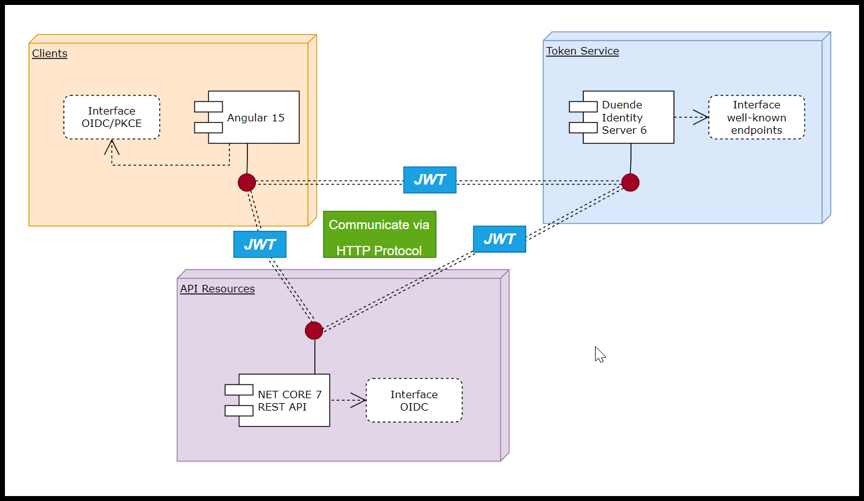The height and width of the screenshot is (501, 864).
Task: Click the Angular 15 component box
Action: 253,118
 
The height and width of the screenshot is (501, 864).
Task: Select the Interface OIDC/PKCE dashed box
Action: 112,117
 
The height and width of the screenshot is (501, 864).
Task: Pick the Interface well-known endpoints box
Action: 756,118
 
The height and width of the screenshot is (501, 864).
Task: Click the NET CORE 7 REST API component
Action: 284,401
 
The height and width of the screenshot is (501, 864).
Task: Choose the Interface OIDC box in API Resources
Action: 414,401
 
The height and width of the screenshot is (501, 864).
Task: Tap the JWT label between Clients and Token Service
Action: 430,180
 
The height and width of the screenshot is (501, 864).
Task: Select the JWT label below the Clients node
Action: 259,244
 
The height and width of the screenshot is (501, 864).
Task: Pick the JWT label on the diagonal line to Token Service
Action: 499,239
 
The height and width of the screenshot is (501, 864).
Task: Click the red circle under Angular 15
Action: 247,182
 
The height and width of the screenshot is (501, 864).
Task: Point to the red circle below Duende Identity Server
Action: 630,183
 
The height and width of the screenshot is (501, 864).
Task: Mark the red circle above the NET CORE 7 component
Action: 314,331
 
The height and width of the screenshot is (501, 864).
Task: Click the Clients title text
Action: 50,53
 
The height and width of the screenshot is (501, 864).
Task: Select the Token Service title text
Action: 582,51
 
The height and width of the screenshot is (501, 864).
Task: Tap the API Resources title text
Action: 217,289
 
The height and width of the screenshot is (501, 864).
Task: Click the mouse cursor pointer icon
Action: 599,354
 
